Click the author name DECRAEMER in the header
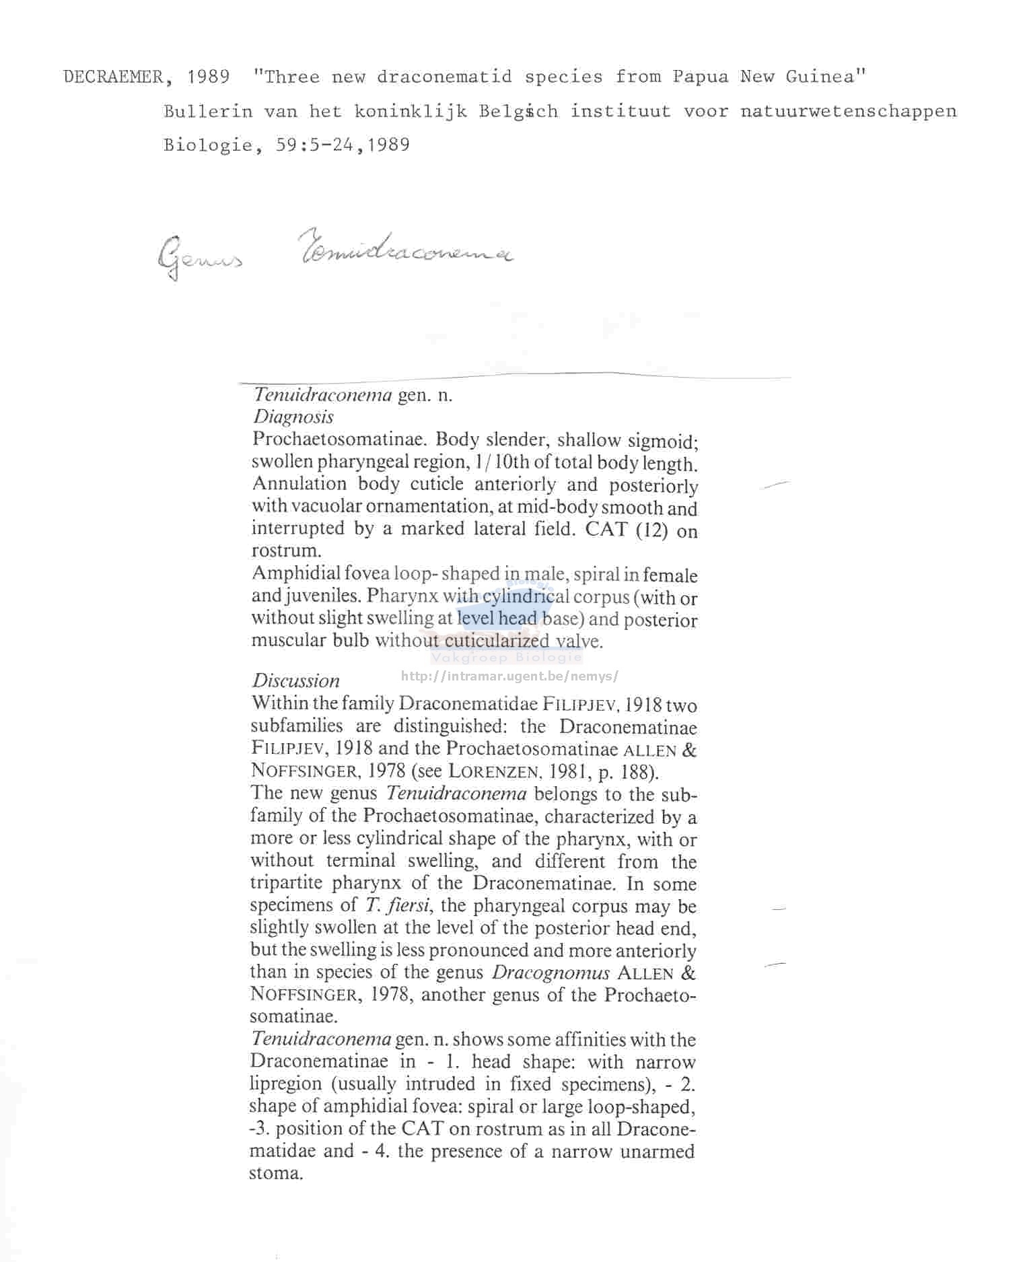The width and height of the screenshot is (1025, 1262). (112, 77)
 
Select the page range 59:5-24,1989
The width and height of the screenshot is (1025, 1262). (342, 145)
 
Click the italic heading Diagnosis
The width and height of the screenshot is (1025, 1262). (293, 417)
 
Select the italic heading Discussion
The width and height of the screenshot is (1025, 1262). (295, 680)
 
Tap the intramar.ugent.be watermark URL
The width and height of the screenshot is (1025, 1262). (509, 676)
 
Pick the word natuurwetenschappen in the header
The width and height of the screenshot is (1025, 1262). (848, 111)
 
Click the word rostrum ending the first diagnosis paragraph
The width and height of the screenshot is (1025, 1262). (283, 551)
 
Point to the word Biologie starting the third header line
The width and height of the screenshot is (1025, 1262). (208, 145)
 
